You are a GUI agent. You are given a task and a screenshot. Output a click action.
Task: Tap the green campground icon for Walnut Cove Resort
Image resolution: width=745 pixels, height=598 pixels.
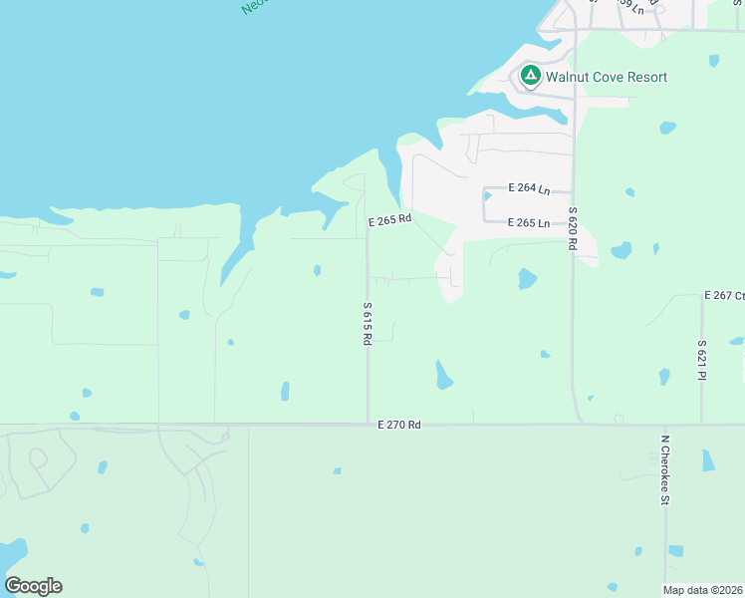click(x=531, y=76)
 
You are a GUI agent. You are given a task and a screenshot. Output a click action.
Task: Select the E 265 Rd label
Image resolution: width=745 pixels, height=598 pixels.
click(x=389, y=221)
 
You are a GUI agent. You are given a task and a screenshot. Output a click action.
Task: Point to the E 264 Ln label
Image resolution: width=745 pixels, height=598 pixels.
click(x=529, y=187)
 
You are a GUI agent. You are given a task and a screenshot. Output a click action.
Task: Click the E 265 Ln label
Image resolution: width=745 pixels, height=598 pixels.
click(x=529, y=223)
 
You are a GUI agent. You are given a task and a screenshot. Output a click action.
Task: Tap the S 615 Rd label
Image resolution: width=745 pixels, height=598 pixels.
click(x=367, y=324)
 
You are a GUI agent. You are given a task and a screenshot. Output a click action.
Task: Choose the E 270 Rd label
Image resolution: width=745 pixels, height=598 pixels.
click(x=399, y=425)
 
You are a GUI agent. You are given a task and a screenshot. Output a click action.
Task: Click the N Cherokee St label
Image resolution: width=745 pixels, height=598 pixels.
click(x=664, y=468)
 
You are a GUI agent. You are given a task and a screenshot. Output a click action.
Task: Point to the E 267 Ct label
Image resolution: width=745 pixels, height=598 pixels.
click(x=724, y=296)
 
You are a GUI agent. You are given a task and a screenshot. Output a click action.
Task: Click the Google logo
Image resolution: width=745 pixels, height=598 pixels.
click(x=33, y=585)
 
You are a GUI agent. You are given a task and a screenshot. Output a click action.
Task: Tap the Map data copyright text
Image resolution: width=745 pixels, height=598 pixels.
click(x=703, y=589)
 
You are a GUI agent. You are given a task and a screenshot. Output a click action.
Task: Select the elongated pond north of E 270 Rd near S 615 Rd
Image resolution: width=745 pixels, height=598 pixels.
click(x=443, y=375)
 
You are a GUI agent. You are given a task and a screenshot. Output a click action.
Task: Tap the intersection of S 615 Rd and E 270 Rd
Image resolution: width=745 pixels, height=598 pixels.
click(x=368, y=425)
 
